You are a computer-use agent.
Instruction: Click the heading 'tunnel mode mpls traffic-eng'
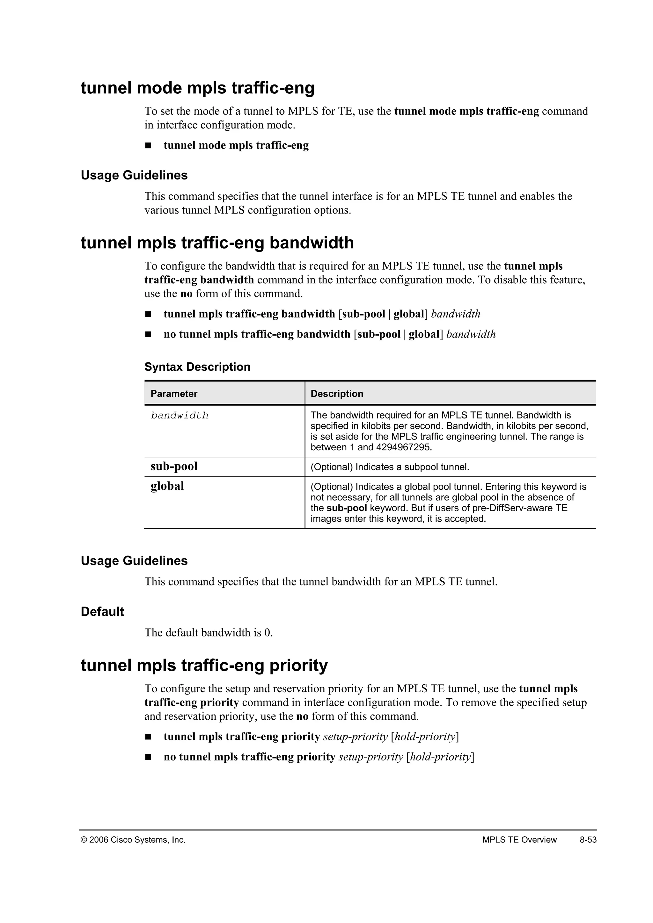click(197, 88)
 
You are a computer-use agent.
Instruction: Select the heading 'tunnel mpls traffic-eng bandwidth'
click(217, 243)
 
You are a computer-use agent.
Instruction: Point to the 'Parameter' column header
click(174, 394)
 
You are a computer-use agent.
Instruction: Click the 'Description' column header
click(337, 394)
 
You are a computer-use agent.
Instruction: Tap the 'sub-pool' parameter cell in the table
click(174, 466)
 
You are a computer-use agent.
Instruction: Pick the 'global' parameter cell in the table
click(167, 486)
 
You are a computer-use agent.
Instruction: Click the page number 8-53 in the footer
click(588, 839)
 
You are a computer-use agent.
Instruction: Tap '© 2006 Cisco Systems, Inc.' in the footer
click(133, 839)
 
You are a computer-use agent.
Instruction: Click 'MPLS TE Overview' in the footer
click(519, 839)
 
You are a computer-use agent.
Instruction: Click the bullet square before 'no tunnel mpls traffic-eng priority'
click(148, 757)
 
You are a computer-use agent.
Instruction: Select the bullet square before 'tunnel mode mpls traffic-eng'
click(148, 146)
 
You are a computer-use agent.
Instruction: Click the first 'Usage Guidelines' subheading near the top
click(134, 175)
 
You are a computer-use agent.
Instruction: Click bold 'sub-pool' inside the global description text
click(347, 508)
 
